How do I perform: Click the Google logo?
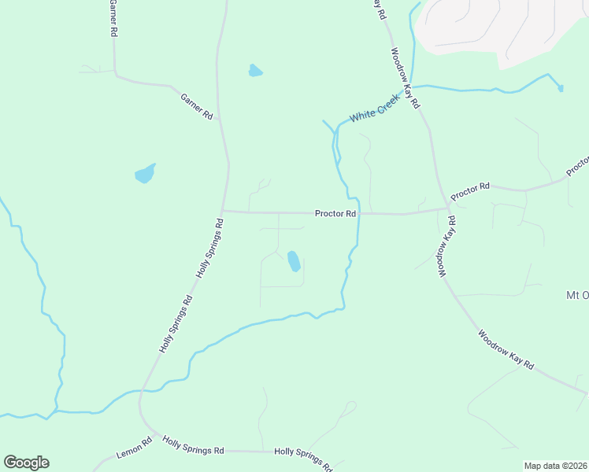26,463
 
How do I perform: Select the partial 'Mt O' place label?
577,295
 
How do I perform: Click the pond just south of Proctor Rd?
294,261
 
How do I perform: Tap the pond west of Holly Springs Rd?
145,174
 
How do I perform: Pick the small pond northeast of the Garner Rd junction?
255,71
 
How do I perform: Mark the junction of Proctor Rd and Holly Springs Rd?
224,211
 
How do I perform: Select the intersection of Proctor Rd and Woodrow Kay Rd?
448,208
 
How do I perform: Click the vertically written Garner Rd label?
113,19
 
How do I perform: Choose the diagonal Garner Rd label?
197,106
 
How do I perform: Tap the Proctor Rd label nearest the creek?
335,213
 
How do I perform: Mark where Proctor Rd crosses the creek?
359,213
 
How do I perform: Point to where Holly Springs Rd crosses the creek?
142,390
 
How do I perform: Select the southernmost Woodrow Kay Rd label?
506,350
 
